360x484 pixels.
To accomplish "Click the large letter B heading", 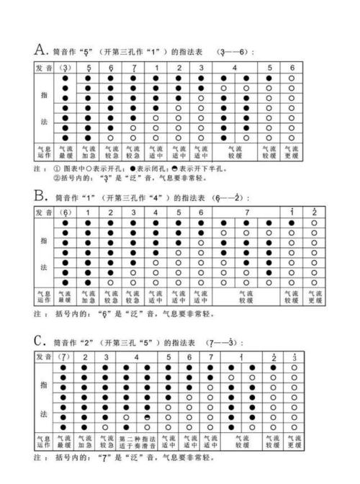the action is (40, 195).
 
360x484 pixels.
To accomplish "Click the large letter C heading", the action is (40, 340).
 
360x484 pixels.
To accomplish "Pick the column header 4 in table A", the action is (235, 67).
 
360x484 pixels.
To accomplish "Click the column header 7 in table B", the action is (247, 212).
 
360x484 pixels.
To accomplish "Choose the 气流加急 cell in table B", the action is (88, 297).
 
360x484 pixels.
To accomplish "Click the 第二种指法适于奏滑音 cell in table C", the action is (137, 441).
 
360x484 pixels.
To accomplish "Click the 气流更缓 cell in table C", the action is (294, 441).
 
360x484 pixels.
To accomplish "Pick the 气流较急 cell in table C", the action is (107, 441).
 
